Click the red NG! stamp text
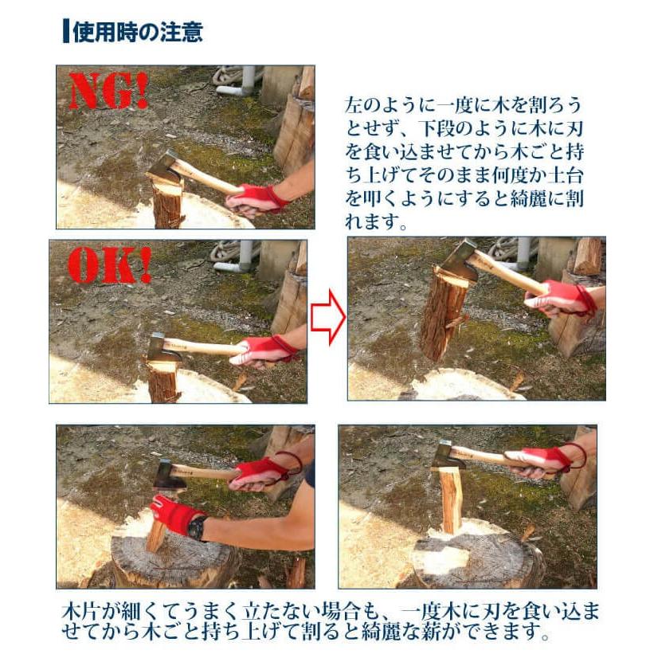tap(109, 91)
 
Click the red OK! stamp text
tap(109, 265)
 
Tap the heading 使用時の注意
tap(138, 31)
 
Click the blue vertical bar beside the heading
tap(66, 31)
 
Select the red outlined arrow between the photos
tap(328, 317)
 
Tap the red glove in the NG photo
tap(255, 198)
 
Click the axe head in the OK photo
tap(163, 347)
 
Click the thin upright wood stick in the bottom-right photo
tap(449, 500)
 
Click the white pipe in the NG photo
tap(241, 81)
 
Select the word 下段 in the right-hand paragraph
tap(438, 129)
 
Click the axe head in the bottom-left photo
tap(170, 475)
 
